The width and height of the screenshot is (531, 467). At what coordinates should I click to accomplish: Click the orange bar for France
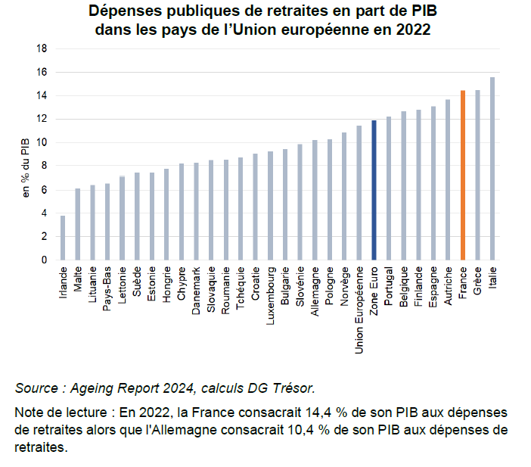pyautogui.click(x=463, y=175)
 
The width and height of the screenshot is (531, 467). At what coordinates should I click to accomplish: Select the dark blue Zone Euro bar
pyautogui.click(x=374, y=190)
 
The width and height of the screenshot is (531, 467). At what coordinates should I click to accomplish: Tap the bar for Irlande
pyautogui.click(x=63, y=238)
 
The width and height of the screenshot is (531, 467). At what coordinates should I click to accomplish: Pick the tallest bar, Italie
pyautogui.click(x=492, y=169)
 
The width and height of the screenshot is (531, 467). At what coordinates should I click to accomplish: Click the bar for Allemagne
pyautogui.click(x=315, y=200)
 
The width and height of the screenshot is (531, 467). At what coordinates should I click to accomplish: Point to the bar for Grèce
pyautogui.click(x=477, y=175)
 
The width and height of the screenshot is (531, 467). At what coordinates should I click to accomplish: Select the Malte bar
pyautogui.click(x=78, y=224)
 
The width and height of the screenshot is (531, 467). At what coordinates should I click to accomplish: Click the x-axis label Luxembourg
pyautogui.click(x=270, y=295)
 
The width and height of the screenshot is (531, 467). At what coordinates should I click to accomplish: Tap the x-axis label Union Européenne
pyautogui.click(x=359, y=310)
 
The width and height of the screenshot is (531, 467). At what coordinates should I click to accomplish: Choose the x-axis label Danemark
pyautogui.click(x=196, y=291)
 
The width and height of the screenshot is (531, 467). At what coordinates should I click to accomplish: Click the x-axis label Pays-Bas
pyautogui.click(x=107, y=288)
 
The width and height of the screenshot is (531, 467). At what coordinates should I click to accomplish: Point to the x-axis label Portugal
pyautogui.click(x=389, y=286)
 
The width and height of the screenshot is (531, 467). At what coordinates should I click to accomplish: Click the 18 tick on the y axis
pyautogui.click(x=42, y=48)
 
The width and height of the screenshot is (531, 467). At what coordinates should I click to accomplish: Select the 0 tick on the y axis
pyautogui.click(x=44, y=260)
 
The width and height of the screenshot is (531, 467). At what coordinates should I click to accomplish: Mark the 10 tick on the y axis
pyautogui.click(x=42, y=142)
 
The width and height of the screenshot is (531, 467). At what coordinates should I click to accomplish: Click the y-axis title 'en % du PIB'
pyautogui.click(x=26, y=167)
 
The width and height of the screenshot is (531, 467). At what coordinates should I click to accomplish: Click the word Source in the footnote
pyautogui.click(x=36, y=388)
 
